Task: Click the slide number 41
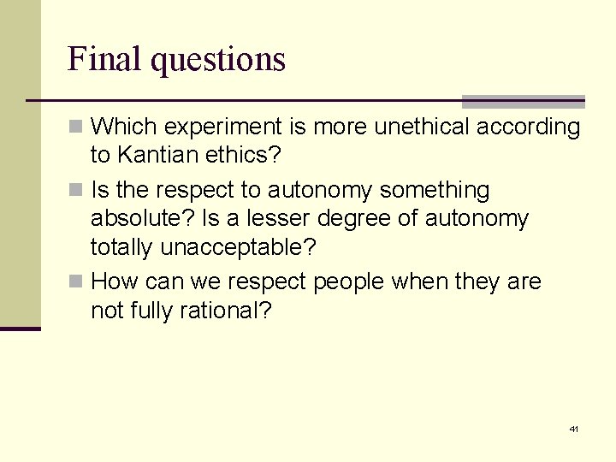(x=574, y=429)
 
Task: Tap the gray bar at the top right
(x=523, y=101)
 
